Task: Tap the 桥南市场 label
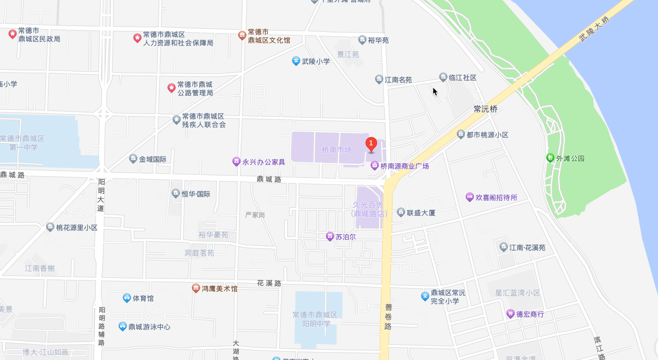pyautogui.click(x=336, y=150)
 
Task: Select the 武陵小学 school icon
pyautogui.click(x=296, y=61)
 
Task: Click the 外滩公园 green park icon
pyautogui.click(x=550, y=158)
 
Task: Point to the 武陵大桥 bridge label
pyautogui.click(x=594, y=29)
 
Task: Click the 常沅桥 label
pyautogui.click(x=485, y=109)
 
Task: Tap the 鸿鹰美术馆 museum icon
pyautogui.click(x=196, y=288)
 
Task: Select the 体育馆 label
pyautogui.click(x=143, y=298)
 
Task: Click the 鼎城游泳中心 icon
pyautogui.click(x=122, y=326)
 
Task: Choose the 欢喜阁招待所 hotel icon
pyautogui.click(x=469, y=197)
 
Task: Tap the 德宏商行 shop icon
pyautogui.click(x=510, y=313)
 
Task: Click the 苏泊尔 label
pyautogui.click(x=345, y=237)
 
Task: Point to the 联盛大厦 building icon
pyautogui.click(x=401, y=212)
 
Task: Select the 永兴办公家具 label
pyautogui.click(x=263, y=162)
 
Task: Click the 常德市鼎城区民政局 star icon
pyautogui.click(x=13, y=34)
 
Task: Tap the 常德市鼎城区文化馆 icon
pyautogui.click(x=242, y=35)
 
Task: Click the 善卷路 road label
pyautogui.click(x=388, y=317)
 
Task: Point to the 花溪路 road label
pyautogui.click(x=269, y=283)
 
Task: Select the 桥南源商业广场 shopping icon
pyautogui.click(x=374, y=165)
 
